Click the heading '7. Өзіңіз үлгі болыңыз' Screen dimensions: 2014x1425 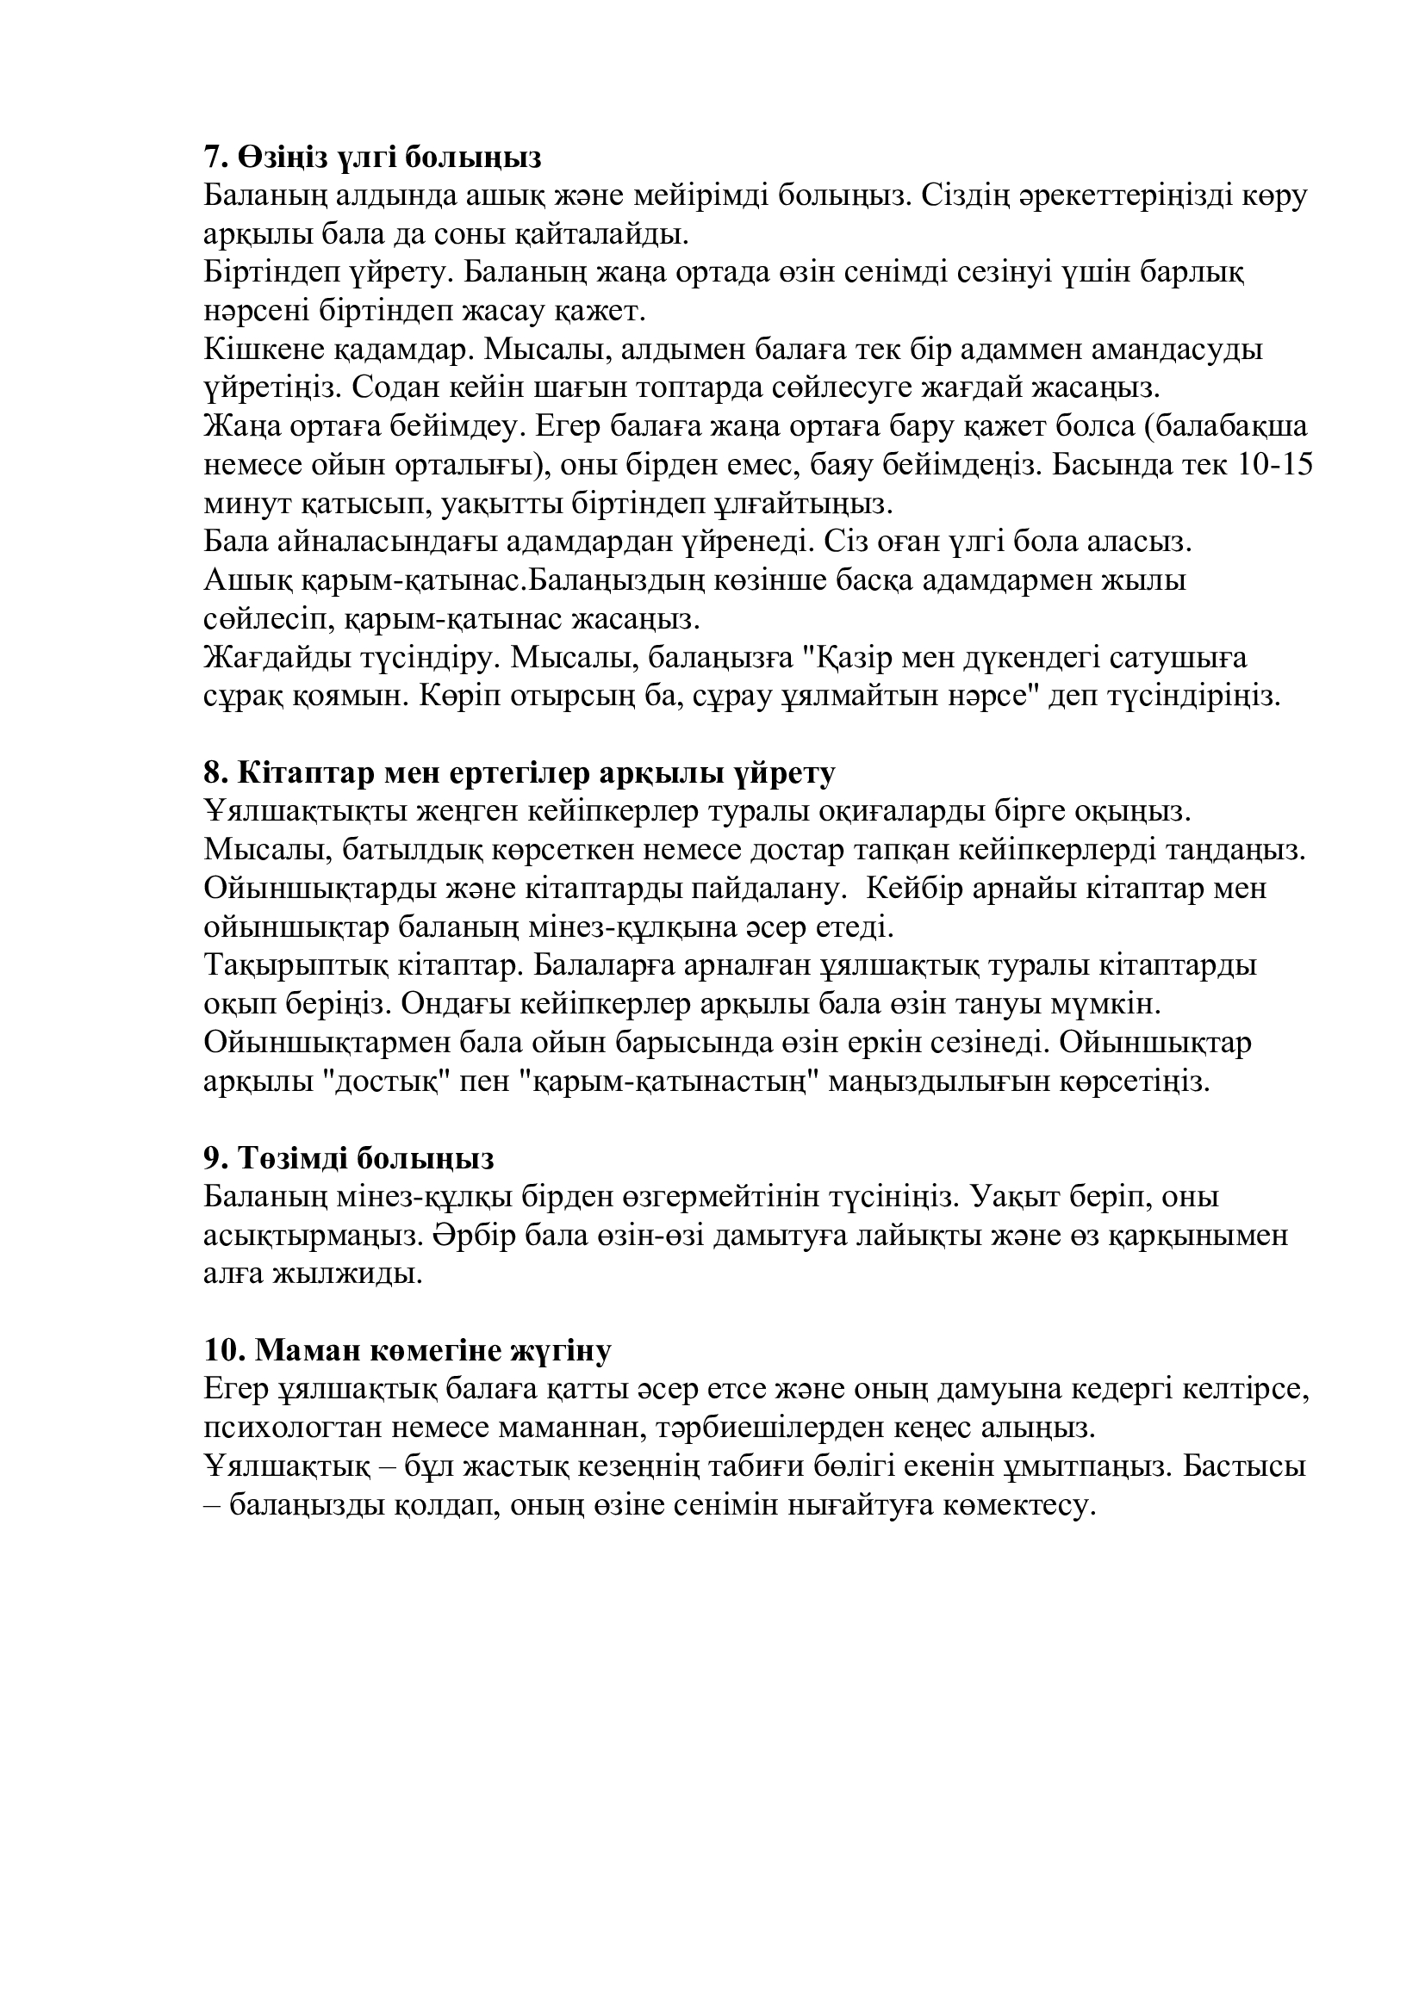pos(372,158)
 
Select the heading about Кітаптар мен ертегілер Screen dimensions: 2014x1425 pos(520,772)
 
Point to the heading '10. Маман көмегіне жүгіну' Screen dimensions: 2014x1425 pos(408,1350)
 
